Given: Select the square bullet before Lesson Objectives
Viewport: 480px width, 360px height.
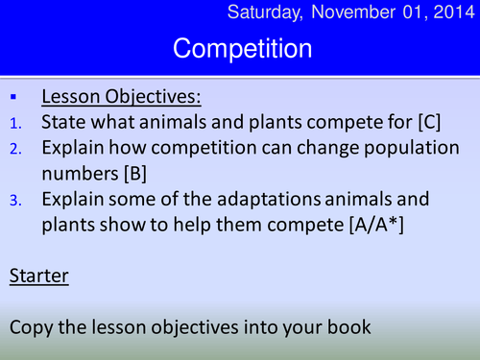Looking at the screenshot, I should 12,98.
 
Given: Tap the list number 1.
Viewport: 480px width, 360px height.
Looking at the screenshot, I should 13,123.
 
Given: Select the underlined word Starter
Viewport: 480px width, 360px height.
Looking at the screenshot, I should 37,276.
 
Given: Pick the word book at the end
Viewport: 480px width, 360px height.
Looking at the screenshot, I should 348,326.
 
